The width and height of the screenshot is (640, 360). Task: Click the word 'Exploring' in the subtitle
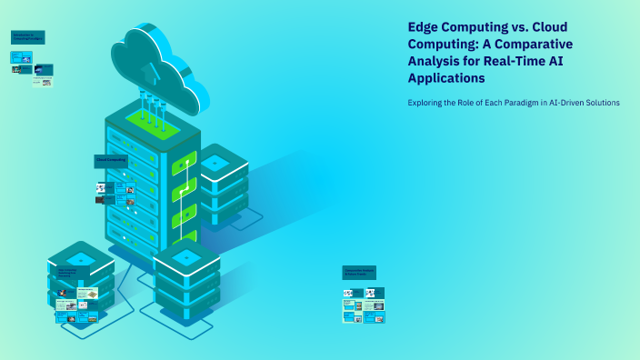tap(426, 103)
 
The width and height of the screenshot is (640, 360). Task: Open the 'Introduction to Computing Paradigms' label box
tap(27, 37)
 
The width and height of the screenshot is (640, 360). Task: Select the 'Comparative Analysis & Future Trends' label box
tap(359, 272)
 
